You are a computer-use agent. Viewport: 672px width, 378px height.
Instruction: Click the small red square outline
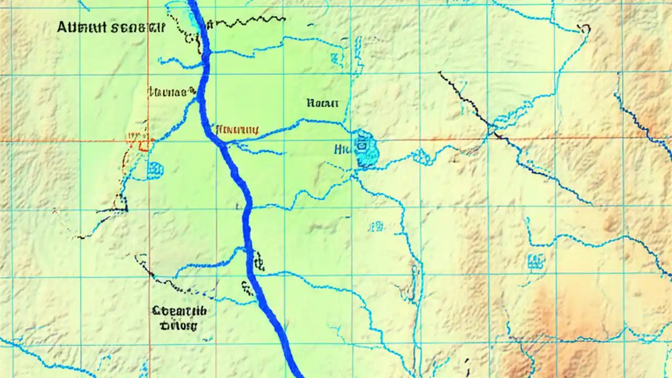click(x=143, y=144)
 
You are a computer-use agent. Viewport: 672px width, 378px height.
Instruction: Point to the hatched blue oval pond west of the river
click(x=155, y=170)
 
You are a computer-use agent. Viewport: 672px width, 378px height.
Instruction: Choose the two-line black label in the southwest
click(x=178, y=318)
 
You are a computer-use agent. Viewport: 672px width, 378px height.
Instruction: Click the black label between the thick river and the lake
click(x=321, y=103)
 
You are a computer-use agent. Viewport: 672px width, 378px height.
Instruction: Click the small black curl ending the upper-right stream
click(x=585, y=28)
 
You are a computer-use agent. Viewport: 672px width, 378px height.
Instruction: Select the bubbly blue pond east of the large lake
click(x=422, y=155)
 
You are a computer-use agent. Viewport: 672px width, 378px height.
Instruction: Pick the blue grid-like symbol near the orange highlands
click(x=535, y=260)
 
